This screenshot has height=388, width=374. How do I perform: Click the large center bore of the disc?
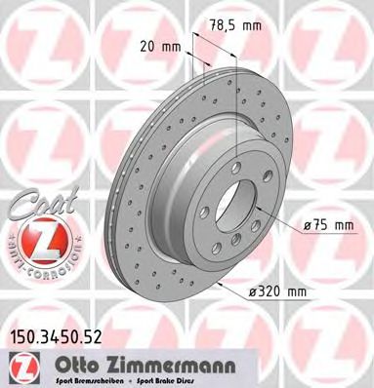tap(235, 211)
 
